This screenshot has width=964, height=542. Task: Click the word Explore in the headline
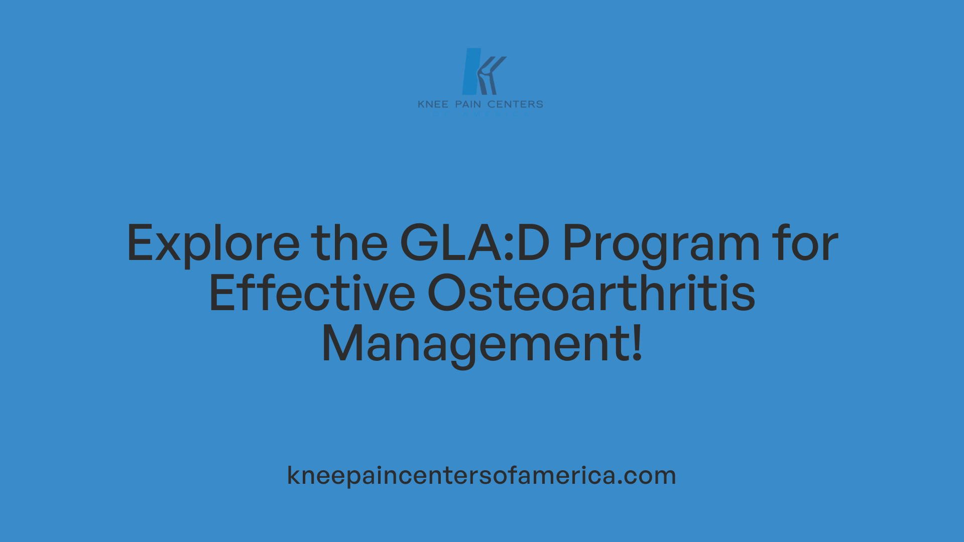click(213, 244)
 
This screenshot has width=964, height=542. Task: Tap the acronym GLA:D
click(474, 244)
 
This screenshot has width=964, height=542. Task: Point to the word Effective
click(312, 294)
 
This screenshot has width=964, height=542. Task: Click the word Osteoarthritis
click(591, 294)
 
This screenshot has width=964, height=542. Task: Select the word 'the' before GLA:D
click(349, 244)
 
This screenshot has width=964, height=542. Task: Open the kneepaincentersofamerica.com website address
click(481, 475)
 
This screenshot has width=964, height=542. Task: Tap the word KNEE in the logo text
click(433, 104)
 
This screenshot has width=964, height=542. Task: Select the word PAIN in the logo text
click(468, 104)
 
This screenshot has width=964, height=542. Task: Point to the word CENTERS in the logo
click(515, 104)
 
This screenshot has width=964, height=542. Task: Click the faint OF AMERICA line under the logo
click(481, 114)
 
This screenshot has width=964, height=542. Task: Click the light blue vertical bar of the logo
click(470, 71)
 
